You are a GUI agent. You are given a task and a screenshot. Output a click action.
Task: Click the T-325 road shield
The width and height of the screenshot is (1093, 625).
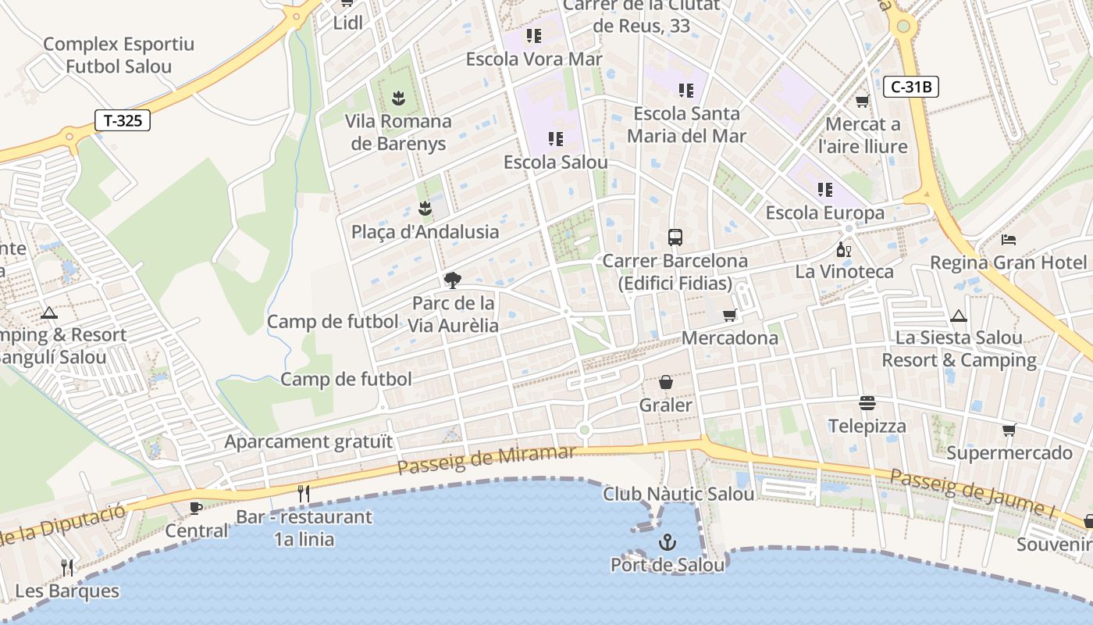pyautogui.click(x=123, y=120)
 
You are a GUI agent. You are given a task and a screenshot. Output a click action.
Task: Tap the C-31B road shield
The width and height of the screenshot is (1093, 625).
pyautogui.click(x=911, y=87)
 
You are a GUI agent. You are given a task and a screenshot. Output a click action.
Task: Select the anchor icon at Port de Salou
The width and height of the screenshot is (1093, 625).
pyautogui.click(x=668, y=541)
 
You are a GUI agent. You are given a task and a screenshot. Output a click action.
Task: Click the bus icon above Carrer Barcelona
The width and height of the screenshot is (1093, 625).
pyautogui.click(x=675, y=237)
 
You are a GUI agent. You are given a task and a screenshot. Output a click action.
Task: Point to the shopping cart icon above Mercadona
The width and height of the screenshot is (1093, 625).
pyautogui.click(x=729, y=315)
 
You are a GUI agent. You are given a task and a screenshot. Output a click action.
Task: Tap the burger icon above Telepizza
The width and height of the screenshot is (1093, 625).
pyautogui.click(x=867, y=403)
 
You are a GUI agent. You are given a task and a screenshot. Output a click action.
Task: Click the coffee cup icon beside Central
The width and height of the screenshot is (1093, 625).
pyautogui.click(x=195, y=509)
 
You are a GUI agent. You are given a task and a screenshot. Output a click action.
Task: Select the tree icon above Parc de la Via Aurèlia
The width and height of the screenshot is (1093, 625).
pyautogui.click(x=452, y=280)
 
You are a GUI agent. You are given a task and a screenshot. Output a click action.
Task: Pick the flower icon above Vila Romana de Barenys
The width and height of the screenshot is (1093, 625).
pyautogui.click(x=399, y=98)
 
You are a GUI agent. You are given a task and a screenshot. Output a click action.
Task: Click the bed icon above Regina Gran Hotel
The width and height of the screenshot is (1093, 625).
pyautogui.click(x=1009, y=239)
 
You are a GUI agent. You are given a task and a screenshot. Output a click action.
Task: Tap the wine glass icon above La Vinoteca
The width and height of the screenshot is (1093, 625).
pyautogui.click(x=844, y=249)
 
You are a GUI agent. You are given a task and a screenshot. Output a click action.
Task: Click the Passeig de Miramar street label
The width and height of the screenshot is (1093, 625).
pyautogui.click(x=486, y=460)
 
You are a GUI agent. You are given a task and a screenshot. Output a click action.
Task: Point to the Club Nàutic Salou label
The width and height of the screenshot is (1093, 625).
pyautogui.click(x=678, y=494)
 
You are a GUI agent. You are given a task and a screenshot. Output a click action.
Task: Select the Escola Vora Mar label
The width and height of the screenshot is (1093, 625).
pyautogui.click(x=534, y=59)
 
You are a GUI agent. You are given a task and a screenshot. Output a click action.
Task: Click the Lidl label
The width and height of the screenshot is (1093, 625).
pyautogui.click(x=347, y=23)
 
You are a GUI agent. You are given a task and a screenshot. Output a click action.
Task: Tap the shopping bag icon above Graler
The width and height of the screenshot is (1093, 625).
pyautogui.click(x=666, y=382)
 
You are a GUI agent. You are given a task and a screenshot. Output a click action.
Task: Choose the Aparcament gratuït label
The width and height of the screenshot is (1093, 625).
pyautogui.click(x=308, y=441)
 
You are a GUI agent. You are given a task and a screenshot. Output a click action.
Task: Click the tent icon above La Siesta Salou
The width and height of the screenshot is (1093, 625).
pyautogui.click(x=959, y=316)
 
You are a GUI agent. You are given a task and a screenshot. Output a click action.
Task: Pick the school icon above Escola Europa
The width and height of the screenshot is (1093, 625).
pyautogui.click(x=825, y=190)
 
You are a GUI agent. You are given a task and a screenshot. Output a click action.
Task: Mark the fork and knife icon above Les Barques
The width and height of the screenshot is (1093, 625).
pyautogui.click(x=67, y=567)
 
